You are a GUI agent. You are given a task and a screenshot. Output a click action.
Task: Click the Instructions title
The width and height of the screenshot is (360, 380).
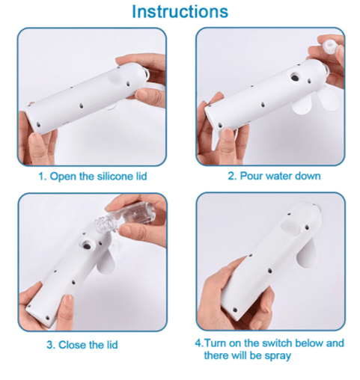tap(180, 11)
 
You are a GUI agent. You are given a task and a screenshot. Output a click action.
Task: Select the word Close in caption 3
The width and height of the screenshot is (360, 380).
tap(73, 345)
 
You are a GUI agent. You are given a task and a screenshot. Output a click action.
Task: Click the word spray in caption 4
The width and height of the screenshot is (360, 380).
tap(278, 356)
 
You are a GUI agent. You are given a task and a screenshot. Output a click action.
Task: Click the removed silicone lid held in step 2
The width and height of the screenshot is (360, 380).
tap(330, 47)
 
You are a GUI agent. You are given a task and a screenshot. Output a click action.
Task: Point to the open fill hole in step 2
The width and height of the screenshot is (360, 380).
tap(295, 77)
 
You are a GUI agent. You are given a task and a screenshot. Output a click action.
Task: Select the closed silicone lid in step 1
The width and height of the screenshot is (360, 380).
tap(115, 77)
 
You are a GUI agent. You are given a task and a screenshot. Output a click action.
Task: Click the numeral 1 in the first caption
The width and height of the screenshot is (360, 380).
tap(42, 177)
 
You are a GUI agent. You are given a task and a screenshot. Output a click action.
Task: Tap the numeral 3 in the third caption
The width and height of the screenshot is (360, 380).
tap(50, 346)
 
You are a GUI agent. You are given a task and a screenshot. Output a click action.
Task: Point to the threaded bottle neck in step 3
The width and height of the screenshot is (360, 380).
tap(103, 223)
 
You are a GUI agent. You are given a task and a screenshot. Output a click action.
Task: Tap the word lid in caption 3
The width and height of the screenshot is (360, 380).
tap(111, 345)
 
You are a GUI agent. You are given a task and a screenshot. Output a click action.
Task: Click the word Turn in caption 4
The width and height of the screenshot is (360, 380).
tap(216, 343)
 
